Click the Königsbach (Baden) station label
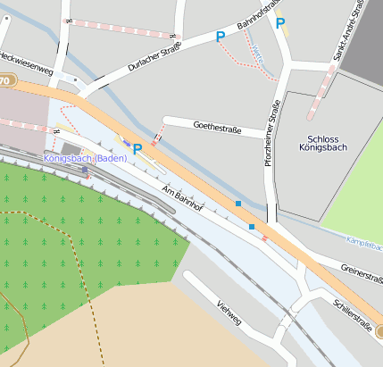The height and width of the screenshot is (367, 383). tap(85, 158)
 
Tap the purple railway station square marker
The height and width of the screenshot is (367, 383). tap(85, 169)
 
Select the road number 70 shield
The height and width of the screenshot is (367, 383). tap(5, 81)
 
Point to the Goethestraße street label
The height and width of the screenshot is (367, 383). tap(218, 127)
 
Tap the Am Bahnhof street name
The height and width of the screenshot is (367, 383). tap(184, 199)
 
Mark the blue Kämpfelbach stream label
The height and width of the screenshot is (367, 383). tap(364, 243)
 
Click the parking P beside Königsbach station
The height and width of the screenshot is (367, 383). tap(137, 149)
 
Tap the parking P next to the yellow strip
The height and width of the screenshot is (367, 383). tap(280, 24)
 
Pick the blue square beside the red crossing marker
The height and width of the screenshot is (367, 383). tap(252, 228)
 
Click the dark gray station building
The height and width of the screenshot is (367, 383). tap(71, 148)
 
